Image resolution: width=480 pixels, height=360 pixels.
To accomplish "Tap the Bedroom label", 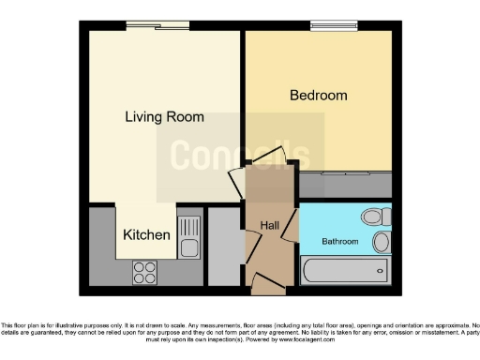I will click(318, 96).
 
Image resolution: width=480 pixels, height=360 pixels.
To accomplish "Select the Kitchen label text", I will click(147, 235).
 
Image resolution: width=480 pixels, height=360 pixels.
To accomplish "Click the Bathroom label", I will click(340, 241).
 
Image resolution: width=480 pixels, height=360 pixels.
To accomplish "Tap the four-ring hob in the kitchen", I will click(145, 272).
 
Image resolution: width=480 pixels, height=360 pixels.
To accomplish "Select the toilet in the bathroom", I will click(375, 217).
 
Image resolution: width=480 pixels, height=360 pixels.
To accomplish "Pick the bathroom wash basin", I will click(381, 243).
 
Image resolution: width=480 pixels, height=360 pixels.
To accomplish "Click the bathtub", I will click(343, 273).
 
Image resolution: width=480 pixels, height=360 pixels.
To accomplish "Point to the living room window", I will click(157, 26).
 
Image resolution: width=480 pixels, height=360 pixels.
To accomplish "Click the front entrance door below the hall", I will click(266, 280).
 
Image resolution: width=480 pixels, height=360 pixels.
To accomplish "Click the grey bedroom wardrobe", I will click(344, 185).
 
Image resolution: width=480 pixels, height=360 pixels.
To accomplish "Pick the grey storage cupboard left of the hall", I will click(223, 246).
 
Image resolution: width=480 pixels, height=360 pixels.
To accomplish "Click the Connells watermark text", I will click(239, 156).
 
